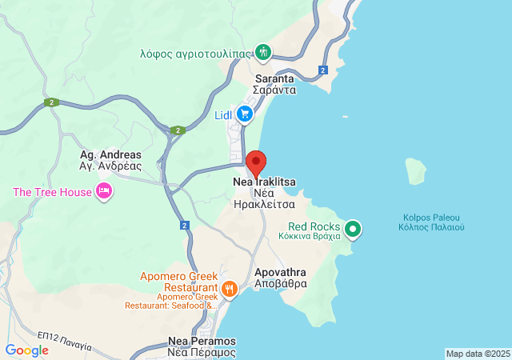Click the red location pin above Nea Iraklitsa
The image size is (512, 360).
pos(256,162)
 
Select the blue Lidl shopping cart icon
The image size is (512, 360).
pos(245,114)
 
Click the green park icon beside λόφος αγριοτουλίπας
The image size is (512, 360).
pos(263,53)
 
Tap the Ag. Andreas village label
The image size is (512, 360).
pos(110,161)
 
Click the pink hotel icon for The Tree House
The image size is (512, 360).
pos(103,191)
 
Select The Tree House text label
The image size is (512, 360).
pos(51,192)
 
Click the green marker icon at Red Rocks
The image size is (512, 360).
pos(352,230)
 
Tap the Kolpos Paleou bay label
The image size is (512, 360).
pos(431,222)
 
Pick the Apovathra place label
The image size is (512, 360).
pos(280,278)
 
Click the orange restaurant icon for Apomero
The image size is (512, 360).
pos(230,289)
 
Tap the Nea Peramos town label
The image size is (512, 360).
pos(202,346)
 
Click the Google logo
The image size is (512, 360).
pos(26,350)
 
